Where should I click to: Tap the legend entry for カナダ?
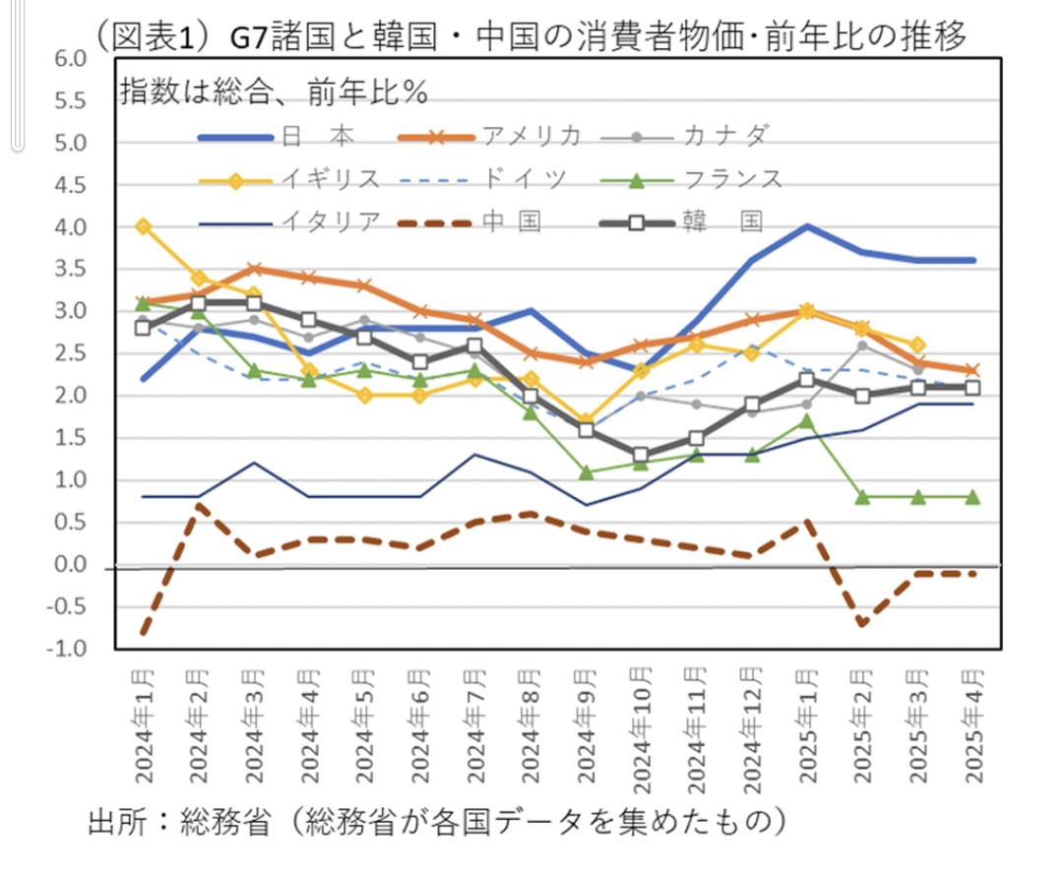pos(723,136)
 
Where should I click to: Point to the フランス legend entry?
pos(733,179)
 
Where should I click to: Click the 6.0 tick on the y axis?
pos(72,59)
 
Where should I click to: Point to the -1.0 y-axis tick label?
pos(69,650)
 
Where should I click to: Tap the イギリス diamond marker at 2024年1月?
pos(144,226)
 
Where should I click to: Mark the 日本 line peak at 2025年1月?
pos(808,226)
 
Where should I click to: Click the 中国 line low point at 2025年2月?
pos(863,624)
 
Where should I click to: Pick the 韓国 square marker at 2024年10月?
pos(642,456)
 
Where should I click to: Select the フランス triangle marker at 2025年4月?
pos(973,497)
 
